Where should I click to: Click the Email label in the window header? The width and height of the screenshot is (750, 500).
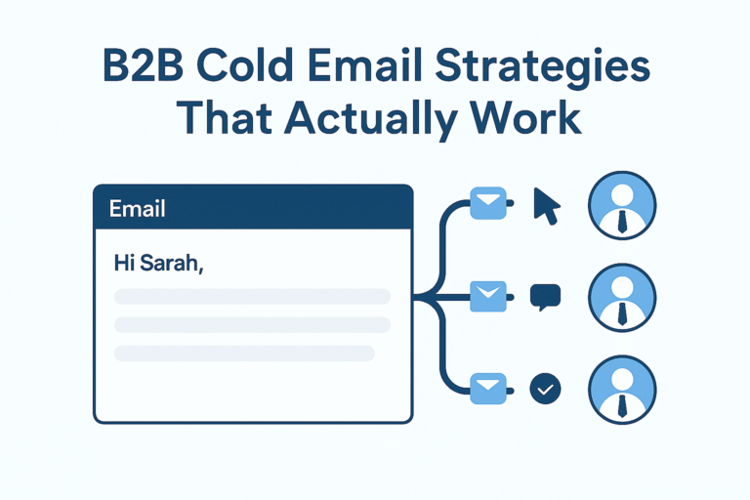(x=137, y=208)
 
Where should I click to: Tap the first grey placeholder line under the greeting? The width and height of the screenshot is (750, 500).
(x=252, y=296)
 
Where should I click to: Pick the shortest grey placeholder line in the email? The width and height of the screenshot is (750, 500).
(x=244, y=353)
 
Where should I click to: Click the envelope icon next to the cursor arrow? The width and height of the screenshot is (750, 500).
(x=487, y=204)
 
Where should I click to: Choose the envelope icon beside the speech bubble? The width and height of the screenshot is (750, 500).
(x=487, y=296)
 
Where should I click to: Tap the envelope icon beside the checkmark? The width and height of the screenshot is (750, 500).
(x=487, y=389)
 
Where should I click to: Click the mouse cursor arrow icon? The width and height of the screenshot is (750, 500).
(x=547, y=206)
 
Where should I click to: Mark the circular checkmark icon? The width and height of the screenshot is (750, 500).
(x=545, y=389)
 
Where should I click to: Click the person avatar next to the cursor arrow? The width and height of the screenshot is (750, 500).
(x=622, y=206)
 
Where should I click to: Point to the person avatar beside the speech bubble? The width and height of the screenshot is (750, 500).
(x=622, y=297)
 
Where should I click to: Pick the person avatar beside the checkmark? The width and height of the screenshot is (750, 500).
(x=622, y=389)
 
